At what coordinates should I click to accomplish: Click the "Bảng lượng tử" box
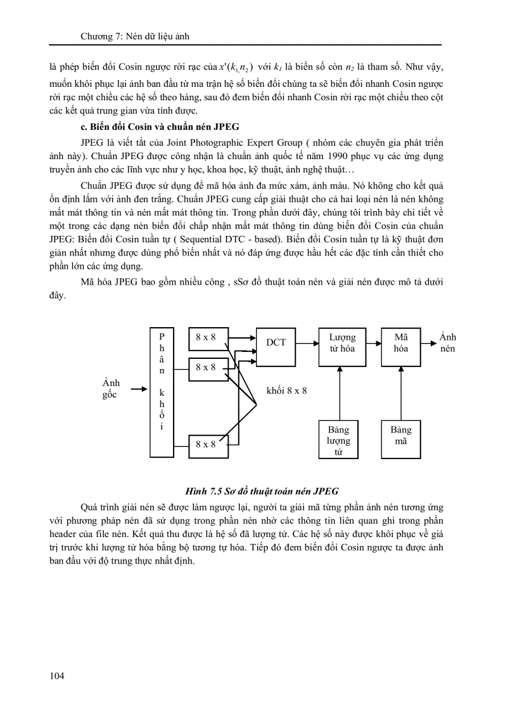coord(338,439)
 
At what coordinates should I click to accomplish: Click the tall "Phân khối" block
coord(162,392)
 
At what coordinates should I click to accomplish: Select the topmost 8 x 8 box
coord(206,338)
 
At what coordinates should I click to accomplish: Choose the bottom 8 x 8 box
coord(206,444)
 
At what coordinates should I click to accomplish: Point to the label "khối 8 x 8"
coord(287,391)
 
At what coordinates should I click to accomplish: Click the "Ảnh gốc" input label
coord(111,389)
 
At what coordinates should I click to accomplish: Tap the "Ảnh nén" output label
coord(448,343)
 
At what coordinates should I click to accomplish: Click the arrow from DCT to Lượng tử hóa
coord(308,343)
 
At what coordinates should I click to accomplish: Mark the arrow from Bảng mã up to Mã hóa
coord(401,393)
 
